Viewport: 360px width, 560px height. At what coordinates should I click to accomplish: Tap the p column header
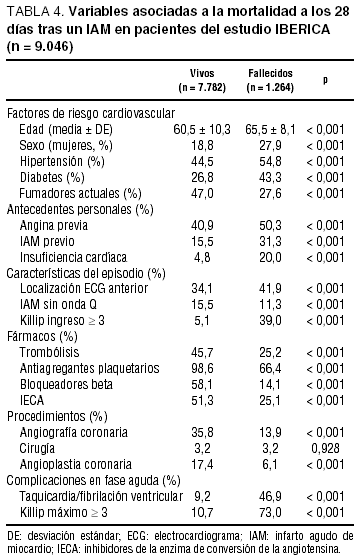[325, 80]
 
